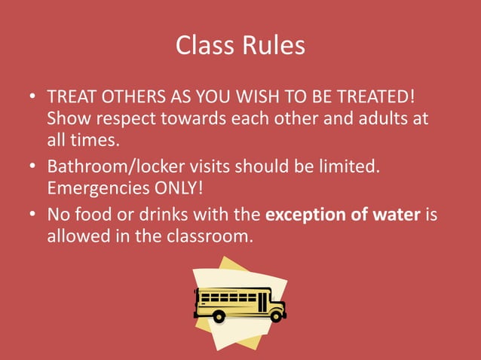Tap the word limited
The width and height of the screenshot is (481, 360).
click(352, 166)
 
